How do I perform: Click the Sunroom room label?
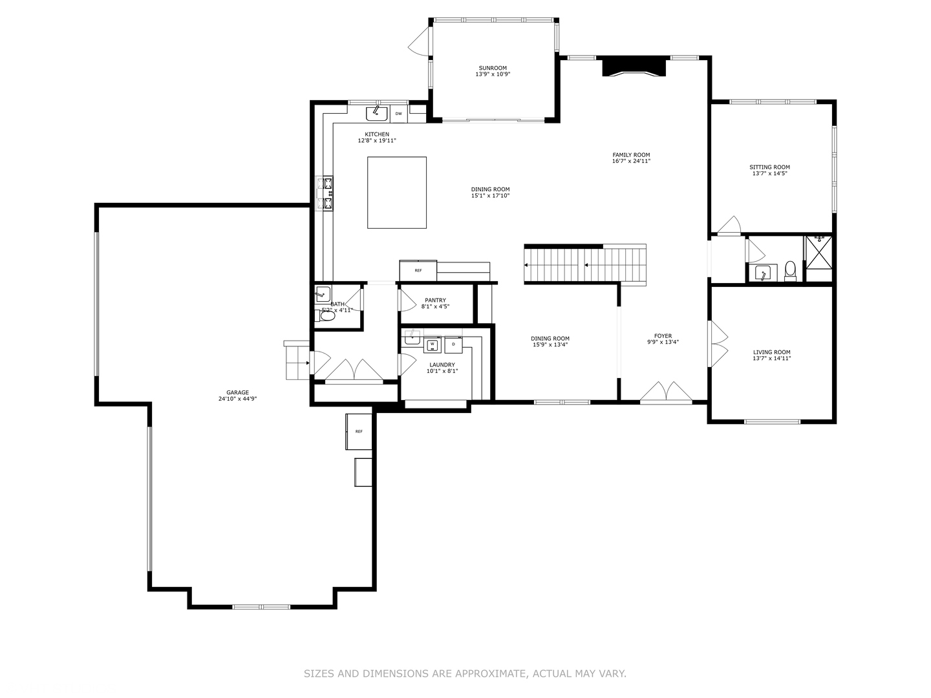point(493,71)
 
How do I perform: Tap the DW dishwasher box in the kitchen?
point(398,114)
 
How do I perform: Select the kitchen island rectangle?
point(397,193)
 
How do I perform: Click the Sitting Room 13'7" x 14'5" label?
point(769,171)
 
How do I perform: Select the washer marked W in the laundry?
point(432,345)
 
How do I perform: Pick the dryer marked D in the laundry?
point(453,344)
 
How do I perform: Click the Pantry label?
point(435,303)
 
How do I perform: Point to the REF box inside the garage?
point(358,431)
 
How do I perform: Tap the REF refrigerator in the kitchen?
point(418,270)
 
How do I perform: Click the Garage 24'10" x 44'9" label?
point(237,396)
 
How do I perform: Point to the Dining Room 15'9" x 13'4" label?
point(550,342)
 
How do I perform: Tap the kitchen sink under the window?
point(376,114)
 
